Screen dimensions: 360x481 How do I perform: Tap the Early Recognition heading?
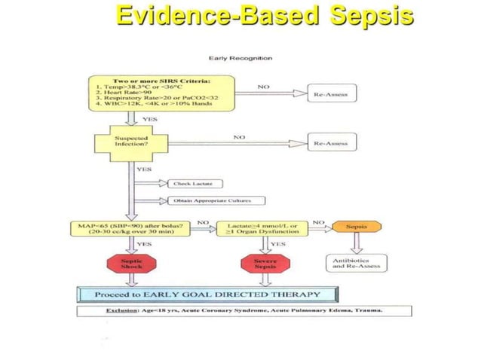(241, 58)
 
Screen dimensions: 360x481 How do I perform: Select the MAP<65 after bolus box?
(131, 230)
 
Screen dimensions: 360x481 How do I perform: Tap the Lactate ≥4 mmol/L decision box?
(262, 230)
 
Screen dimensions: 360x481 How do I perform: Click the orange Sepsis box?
(357, 226)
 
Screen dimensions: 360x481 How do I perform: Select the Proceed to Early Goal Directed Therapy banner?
(211, 293)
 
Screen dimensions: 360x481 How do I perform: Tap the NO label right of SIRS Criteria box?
(264, 88)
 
